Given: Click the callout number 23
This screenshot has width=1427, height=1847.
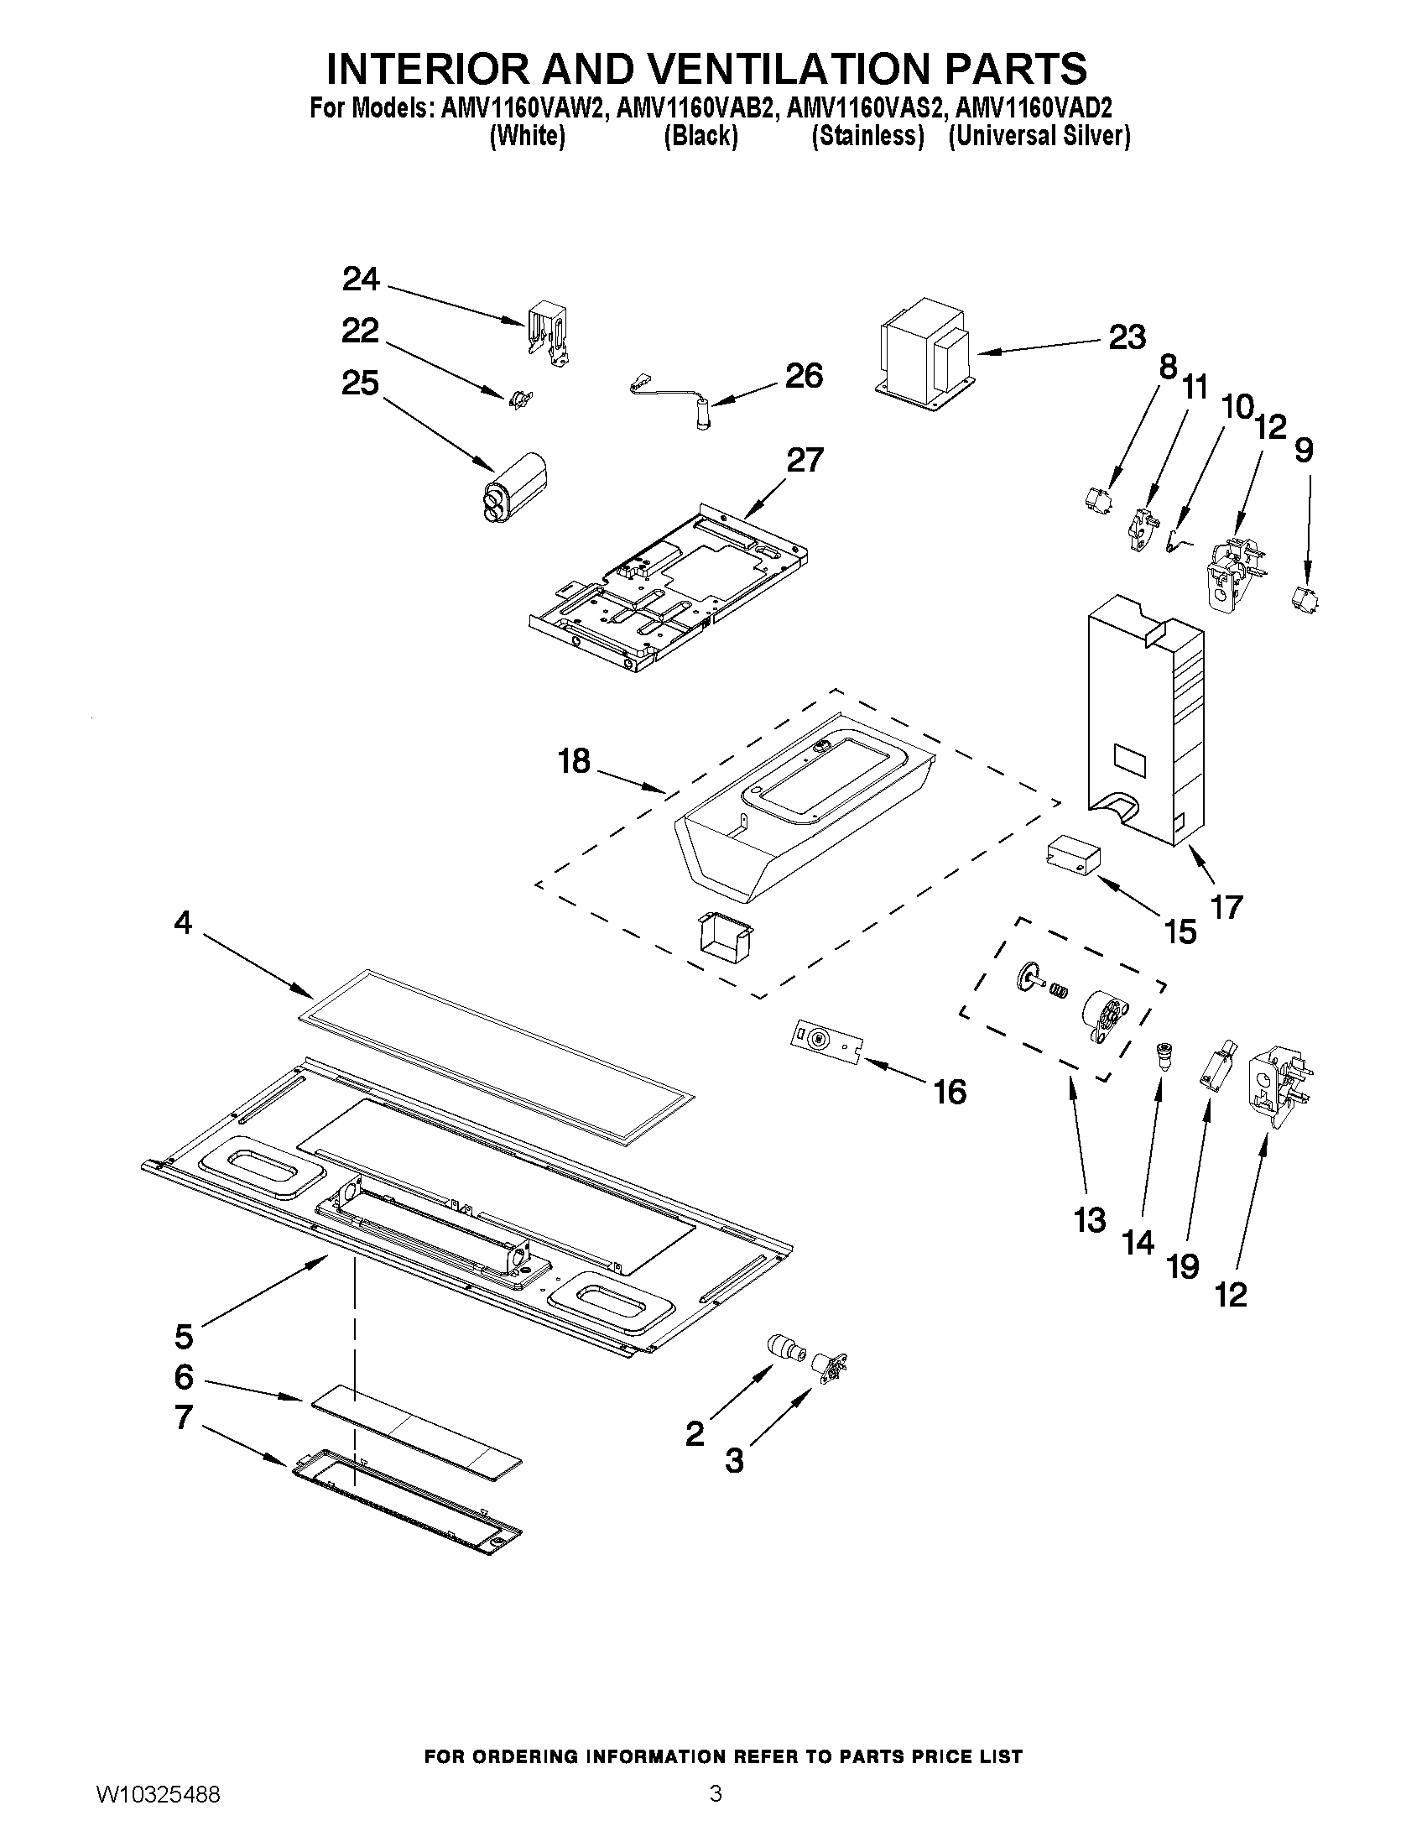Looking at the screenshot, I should coord(1127,337).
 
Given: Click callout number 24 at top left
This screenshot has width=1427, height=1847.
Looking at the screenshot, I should coord(360,279).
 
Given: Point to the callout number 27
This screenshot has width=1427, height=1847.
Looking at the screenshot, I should coord(804,460).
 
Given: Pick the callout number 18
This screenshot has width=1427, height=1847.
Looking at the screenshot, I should coord(574,761).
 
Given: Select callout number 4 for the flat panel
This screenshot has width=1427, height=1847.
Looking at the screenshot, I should coord(183,921).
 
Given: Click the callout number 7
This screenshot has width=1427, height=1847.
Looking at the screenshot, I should coord(184,1417).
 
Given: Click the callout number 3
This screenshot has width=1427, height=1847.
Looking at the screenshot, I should coord(734,1459).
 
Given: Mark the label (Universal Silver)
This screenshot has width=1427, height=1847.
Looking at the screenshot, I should coord(1039,135).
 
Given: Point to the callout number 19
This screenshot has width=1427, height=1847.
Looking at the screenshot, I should coord(1183,1266).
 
